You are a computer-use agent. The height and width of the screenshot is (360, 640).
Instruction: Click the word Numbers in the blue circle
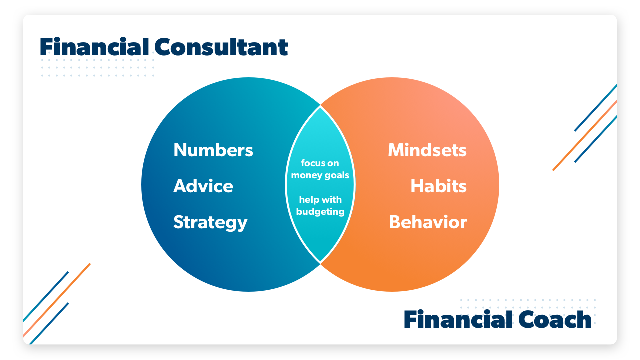[213, 150]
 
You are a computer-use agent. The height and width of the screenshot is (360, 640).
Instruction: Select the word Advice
[203, 186]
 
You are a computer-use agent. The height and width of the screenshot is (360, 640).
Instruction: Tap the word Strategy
[210, 222]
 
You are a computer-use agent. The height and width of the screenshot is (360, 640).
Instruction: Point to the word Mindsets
[427, 150]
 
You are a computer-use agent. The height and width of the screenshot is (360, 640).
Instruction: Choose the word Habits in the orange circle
[438, 186]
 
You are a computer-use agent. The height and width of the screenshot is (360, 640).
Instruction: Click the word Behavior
[428, 222]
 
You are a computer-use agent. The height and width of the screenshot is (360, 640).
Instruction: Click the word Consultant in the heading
[221, 47]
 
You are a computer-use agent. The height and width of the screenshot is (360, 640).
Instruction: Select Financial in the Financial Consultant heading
[94, 47]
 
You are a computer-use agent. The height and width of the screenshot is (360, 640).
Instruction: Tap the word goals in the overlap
[336, 175]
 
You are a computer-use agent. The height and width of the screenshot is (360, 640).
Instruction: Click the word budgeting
[320, 211]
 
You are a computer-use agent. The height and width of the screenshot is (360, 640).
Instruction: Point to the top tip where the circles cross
[320, 106]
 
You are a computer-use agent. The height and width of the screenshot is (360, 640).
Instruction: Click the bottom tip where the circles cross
[320, 262]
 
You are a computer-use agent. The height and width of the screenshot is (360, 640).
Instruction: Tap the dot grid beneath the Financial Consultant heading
[97, 68]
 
